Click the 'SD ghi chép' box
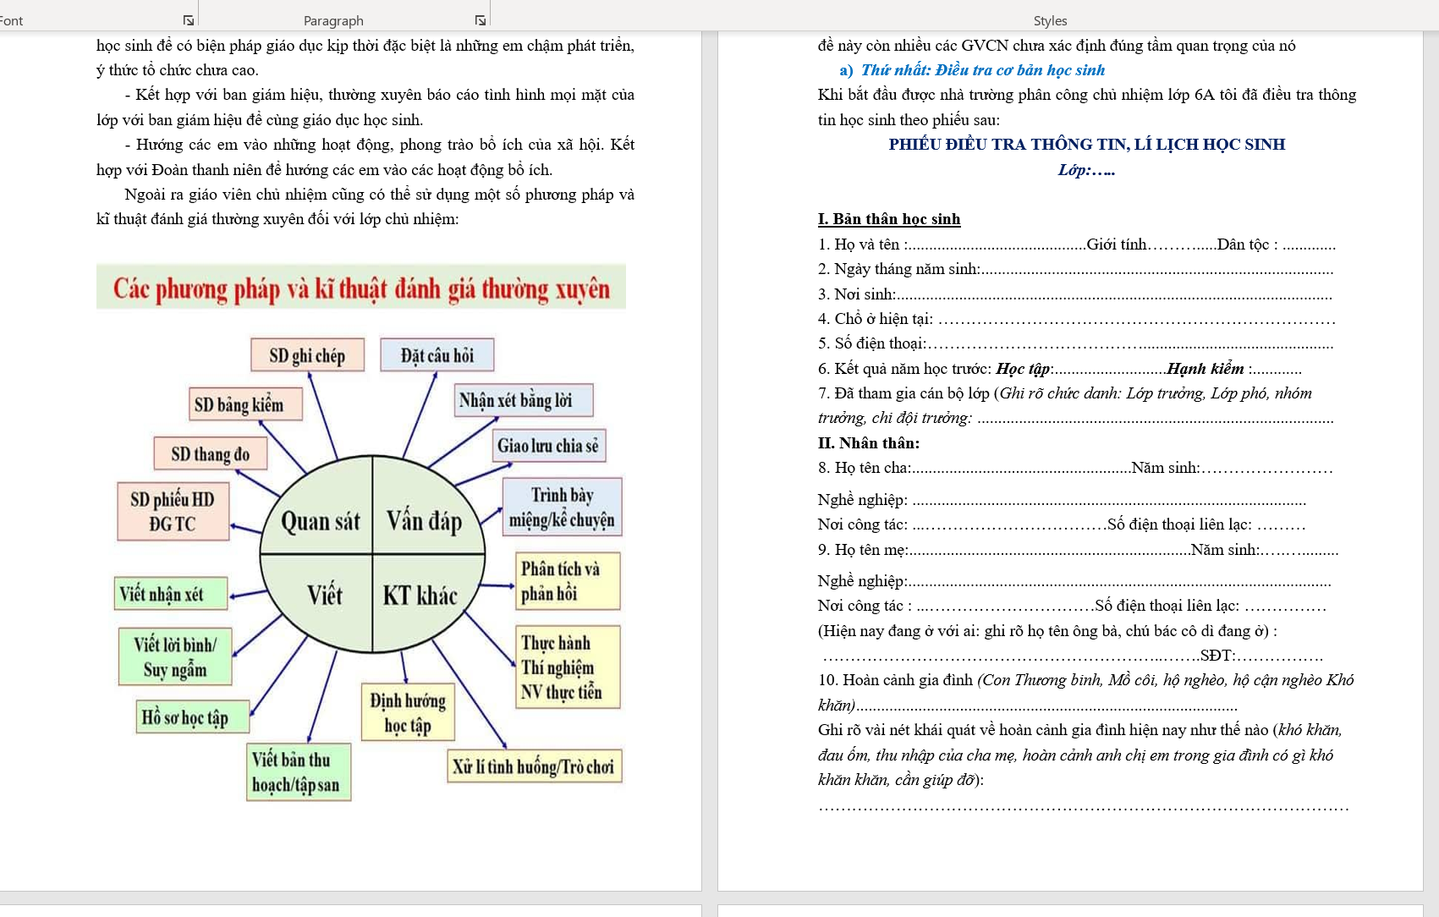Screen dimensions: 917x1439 click(x=307, y=355)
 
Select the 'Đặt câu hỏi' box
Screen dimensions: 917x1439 click(x=437, y=355)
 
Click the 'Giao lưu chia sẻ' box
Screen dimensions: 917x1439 click(x=548, y=446)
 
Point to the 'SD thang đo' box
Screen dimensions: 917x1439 click(x=210, y=454)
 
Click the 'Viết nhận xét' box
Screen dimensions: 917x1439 click(x=170, y=594)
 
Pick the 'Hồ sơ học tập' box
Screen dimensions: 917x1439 click(x=193, y=717)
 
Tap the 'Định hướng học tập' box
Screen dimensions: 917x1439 click(x=408, y=712)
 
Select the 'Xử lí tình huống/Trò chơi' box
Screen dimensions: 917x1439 click(x=535, y=766)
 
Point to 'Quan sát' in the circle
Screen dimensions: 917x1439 click(x=320, y=521)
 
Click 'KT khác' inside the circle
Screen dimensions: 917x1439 click(x=420, y=596)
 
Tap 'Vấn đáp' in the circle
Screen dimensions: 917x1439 click(x=425, y=520)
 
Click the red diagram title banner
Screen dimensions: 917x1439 click(x=361, y=288)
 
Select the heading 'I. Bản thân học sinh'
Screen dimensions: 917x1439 click(x=889, y=219)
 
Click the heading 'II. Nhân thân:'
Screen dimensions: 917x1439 click(x=869, y=442)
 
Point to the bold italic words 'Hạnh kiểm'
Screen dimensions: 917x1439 click(x=1206, y=368)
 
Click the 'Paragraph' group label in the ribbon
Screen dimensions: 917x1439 click(x=333, y=20)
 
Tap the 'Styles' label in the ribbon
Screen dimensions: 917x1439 click(x=1050, y=20)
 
